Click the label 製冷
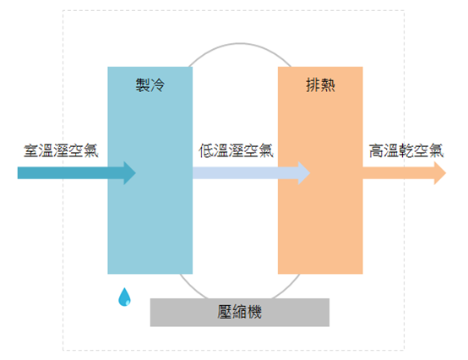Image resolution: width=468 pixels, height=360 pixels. (150, 85)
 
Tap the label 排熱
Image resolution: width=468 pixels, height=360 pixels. (320, 85)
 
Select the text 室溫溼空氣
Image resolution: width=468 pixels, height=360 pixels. (61, 150)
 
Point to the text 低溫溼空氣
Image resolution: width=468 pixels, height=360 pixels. (236, 150)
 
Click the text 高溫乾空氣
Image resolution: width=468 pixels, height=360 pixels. (406, 150)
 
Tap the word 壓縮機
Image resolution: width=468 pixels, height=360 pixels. (240, 312)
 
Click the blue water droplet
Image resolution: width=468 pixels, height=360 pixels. (124, 297)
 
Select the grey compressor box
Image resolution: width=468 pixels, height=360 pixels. (240, 312)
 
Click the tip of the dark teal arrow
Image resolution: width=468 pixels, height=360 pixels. (136, 173)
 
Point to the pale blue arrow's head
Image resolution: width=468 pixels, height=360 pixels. (304, 173)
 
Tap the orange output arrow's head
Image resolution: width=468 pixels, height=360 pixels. (439, 173)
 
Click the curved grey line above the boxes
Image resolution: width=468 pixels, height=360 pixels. (240, 44)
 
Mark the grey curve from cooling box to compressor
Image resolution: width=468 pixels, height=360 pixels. (192, 288)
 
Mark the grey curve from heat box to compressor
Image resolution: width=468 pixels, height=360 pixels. (288, 288)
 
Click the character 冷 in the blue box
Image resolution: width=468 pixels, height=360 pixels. (158, 85)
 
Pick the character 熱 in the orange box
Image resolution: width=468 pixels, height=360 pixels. (328, 85)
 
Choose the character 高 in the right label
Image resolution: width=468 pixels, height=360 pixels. (377, 150)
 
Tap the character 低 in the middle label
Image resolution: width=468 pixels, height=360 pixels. (206, 150)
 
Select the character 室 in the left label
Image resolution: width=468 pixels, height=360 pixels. (31, 150)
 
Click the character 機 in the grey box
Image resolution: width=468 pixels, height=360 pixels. (254, 312)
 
